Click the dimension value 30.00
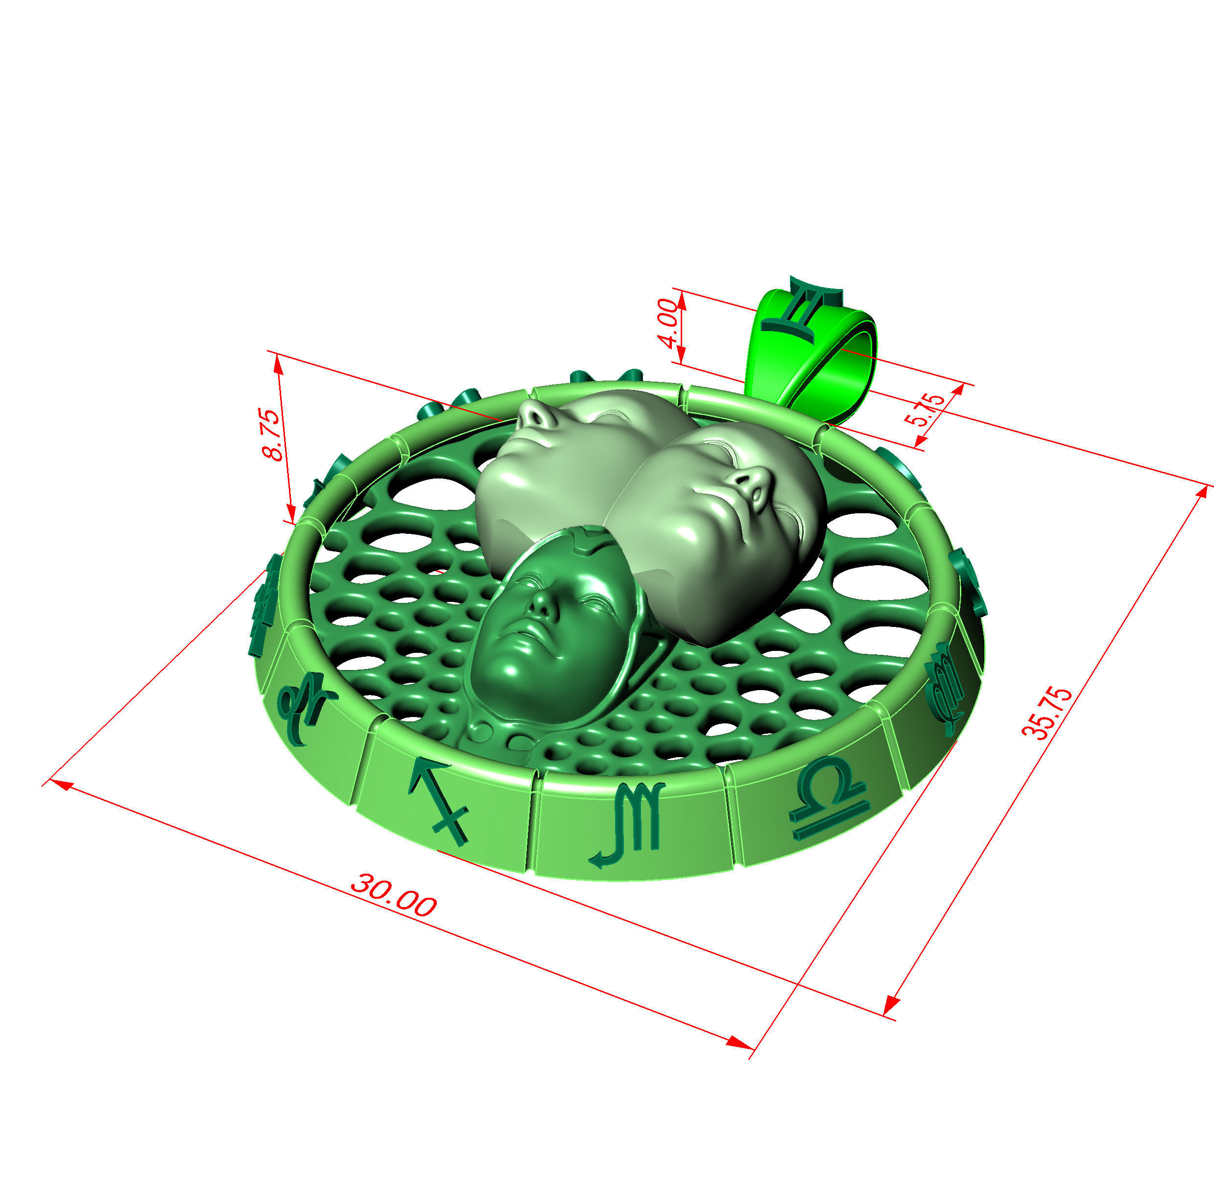393,895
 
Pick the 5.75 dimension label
928,409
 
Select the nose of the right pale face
751,482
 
